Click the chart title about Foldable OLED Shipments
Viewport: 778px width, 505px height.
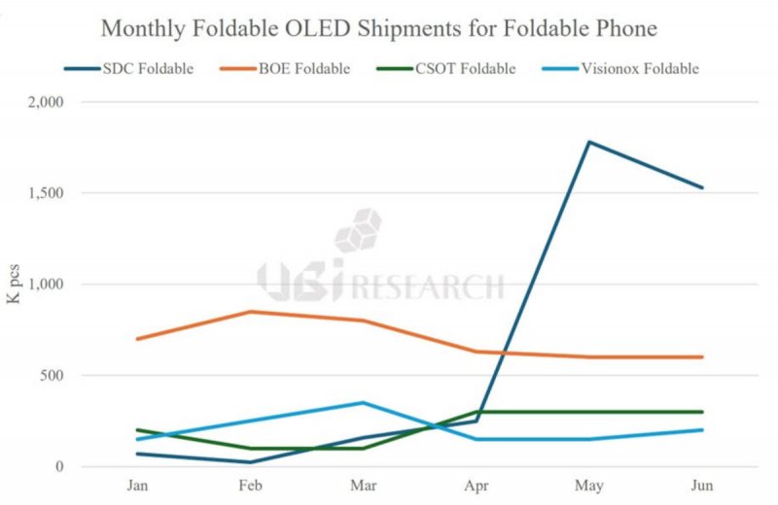point(379,29)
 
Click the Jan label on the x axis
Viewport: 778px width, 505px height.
point(137,485)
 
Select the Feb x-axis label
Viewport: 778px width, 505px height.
point(250,485)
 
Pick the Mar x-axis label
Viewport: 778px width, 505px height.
point(363,485)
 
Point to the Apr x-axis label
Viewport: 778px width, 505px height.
point(477,485)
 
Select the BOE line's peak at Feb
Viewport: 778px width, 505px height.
point(250,312)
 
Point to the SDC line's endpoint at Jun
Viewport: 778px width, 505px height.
point(702,187)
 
